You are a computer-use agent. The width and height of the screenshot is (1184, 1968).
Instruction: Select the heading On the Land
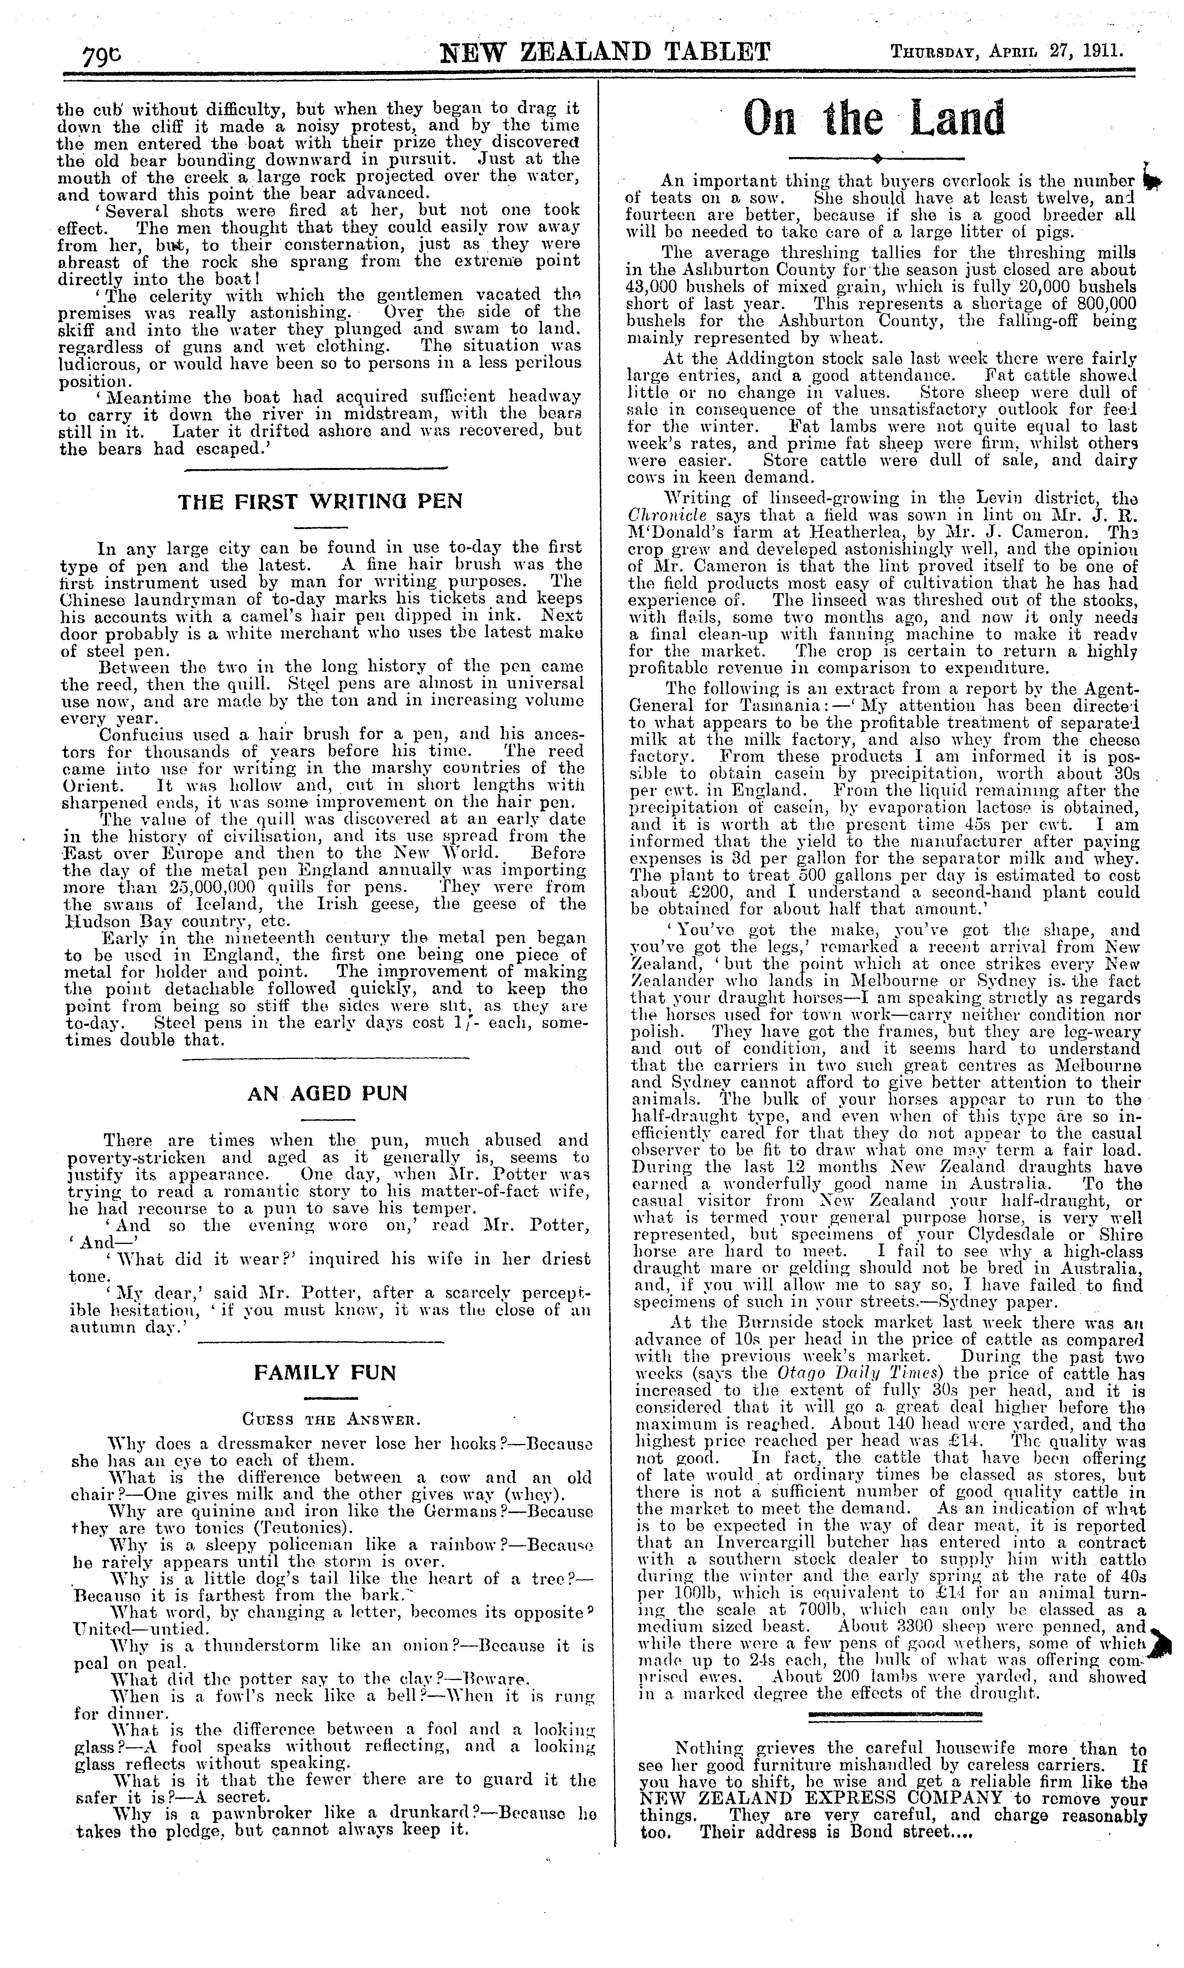(x=874, y=120)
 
